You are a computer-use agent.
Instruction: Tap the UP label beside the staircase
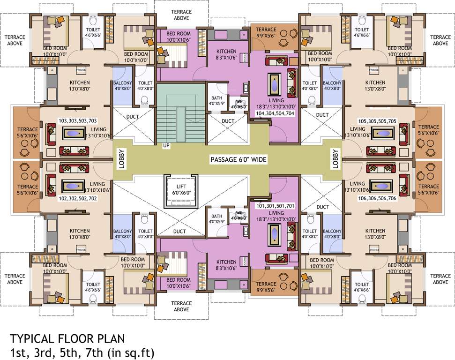[166, 145]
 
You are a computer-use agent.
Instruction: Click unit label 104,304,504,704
[275, 113]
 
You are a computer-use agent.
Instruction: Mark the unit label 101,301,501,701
[275, 206]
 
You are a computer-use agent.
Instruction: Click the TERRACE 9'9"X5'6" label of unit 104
[266, 32]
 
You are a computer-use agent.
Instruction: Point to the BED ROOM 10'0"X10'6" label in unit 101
[179, 283]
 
